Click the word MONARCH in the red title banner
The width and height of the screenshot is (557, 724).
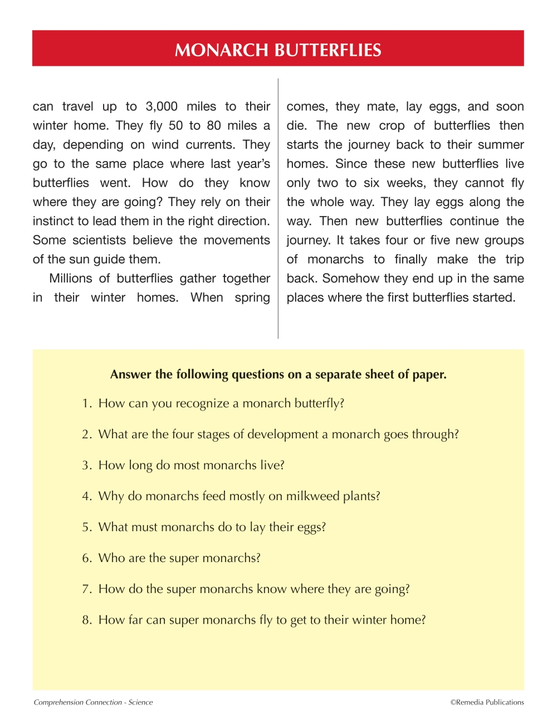click(221, 50)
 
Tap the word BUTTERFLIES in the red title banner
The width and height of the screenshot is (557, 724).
click(328, 50)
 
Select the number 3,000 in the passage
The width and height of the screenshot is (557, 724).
click(162, 106)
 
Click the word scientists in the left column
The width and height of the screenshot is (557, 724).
click(99, 240)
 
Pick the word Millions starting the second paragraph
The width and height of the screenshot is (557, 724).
click(71, 278)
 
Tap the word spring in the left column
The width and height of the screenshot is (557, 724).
click(252, 297)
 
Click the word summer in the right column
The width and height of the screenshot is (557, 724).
click(501, 145)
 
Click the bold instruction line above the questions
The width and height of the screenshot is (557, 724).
click(278, 374)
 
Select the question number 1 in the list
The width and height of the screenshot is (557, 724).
click(86, 403)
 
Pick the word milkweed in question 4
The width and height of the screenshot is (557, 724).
click(312, 496)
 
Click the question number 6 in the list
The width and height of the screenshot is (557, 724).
click(86, 558)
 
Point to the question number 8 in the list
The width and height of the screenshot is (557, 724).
click(86, 620)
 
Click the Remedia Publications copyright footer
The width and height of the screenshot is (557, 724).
click(487, 702)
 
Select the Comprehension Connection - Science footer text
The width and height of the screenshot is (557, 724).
click(93, 702)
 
